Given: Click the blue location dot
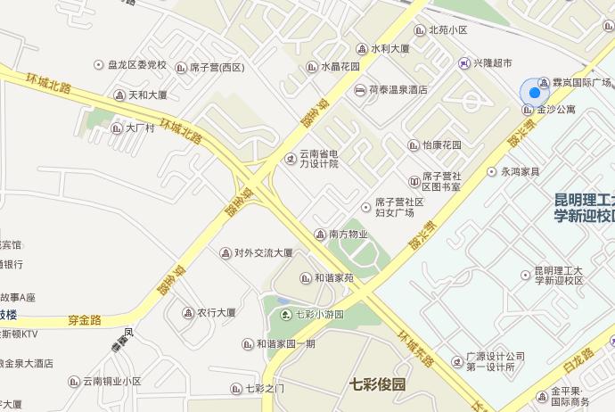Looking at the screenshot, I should (534, 92).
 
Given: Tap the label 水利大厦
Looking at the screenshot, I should (389, 48).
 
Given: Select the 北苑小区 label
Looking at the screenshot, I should (447, 29).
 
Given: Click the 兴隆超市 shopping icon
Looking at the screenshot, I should (464, 63).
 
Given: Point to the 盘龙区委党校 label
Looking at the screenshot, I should (137, 65).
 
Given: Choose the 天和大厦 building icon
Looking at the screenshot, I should (119, 95).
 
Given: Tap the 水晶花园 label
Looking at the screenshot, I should (340, 66).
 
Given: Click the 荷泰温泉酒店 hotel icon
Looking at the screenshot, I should (360, 90).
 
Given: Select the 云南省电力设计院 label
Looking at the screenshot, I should (318, 159).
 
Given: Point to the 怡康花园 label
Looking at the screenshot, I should (442, 144).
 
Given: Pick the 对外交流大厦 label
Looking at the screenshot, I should (263, 253).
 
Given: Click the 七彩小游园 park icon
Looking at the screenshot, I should (285, 314).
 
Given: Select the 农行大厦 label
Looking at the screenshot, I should (216, 313).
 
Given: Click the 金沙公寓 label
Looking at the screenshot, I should (556, 110).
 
